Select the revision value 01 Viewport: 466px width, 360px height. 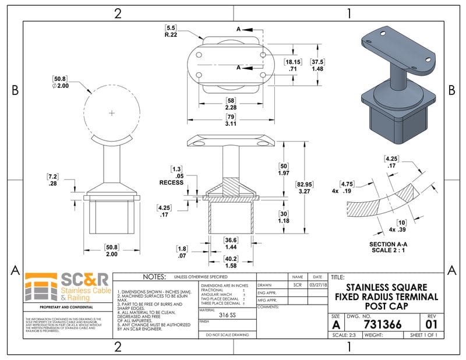click(431, 324)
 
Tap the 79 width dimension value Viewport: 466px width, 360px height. click(230, 117)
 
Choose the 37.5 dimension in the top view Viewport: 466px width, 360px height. click(317, 62)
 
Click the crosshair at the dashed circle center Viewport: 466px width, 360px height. click(112, 111)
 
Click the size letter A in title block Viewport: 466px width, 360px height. click(336, 324)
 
